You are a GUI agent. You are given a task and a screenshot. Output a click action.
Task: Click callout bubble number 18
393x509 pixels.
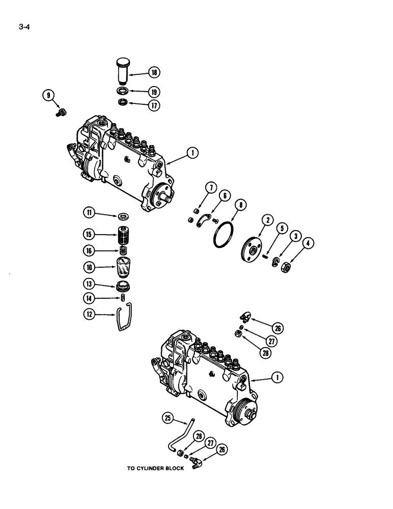[x=154, y=73]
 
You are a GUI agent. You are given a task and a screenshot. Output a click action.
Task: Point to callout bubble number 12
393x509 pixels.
[x=90, y=315]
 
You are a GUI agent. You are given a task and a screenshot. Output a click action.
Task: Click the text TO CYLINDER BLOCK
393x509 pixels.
[x=155, y=469]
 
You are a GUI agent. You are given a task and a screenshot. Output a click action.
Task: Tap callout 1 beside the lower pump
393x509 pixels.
[x=278, y=377]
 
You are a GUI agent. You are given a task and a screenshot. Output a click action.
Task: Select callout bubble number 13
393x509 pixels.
[x=90, y=284]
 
